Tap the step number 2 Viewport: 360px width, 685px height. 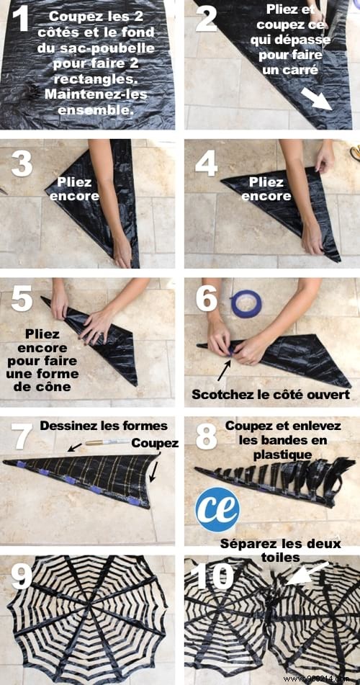coord(206,19)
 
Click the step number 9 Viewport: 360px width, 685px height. coord(22,576)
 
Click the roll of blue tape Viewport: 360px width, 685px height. coord(246,303)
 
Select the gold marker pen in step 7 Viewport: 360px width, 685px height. coord(107,442)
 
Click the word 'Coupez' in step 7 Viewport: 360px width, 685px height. coord(155,443)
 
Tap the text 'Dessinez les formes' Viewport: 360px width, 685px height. coord(103,426)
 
